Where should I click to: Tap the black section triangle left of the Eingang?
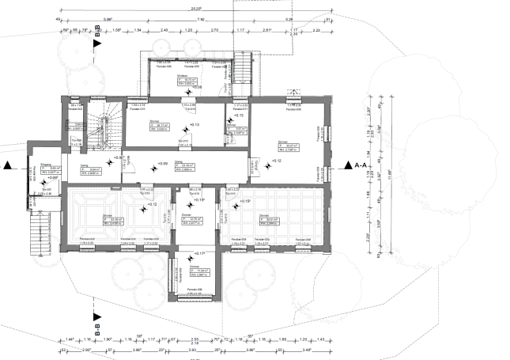(x=7, y=166)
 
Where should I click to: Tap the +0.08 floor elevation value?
(x=198, y=88)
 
